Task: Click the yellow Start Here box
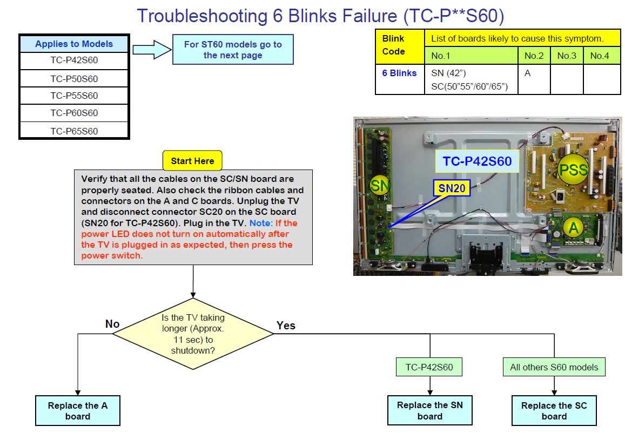[x=192, y=161]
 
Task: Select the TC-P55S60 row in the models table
[x=74, y=96]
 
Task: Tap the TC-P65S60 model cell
[x=74, y=131]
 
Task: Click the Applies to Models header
[x=74, y=44]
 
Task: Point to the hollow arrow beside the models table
[x=151, y=50]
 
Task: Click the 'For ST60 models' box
[x=233, y=50]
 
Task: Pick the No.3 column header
[x=567, y=56]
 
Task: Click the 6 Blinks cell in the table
[x=399, y=73]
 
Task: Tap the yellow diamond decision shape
[x=193, y=334]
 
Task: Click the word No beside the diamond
[x=112, y=324]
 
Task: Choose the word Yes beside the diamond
[x=286, y=325]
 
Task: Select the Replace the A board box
[x=78, y=411]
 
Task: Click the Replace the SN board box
[x=430, y=410]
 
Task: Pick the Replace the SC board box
[x=554, y=411]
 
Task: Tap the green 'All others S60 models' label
[x=554, y=367]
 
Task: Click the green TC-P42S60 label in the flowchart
[x=429, y=367]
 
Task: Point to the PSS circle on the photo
[x=573, y=170]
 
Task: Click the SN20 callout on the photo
[x=452, y=188]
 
